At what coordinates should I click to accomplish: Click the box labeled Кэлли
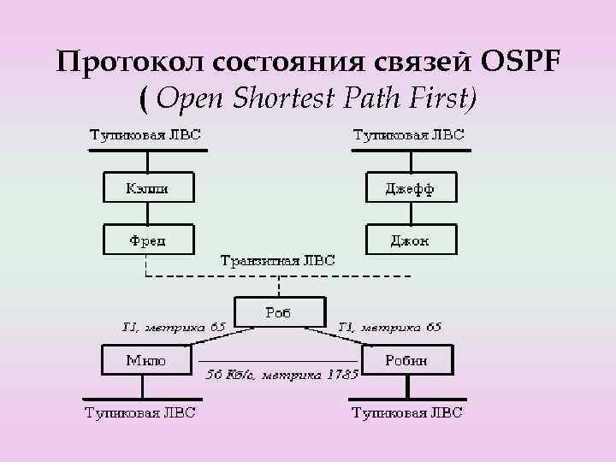pos(147,188)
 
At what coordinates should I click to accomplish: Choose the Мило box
pos(146,361)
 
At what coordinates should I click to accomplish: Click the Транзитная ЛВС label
pos(278,259)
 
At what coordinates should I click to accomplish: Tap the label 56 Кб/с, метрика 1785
pos(281,374)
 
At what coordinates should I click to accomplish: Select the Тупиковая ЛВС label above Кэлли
pos(146,134)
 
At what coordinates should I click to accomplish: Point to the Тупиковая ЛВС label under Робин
pos(407,413)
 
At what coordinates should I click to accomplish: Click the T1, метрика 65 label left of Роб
pos(174,326)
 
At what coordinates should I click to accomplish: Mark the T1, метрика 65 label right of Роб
pos(389,326)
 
